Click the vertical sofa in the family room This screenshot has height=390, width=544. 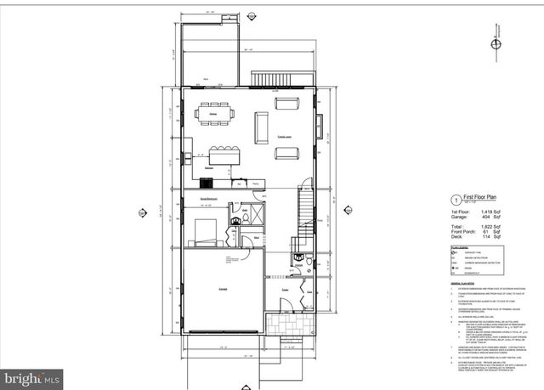[x=261, y=127]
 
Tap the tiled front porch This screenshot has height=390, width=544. [x=286, y=325]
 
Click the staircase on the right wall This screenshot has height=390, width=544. [x=307, y=212]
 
